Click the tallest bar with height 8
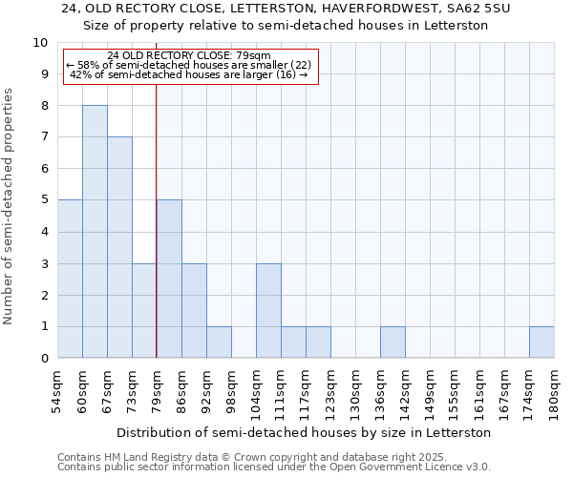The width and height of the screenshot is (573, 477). click(x=95, y=232)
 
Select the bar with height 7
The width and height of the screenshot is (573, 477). click(x=119, y=247)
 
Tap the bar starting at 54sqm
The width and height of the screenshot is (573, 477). click(x=70, y=279)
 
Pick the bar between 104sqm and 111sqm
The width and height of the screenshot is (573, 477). click(x=268, y=310)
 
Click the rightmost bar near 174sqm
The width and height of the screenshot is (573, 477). click(x=541, y=342)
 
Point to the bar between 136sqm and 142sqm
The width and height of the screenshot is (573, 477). click(x=393, y=342)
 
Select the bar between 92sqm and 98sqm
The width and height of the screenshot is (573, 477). click(x=219, y=342)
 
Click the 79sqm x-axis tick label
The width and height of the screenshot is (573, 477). click(x=157, y=391)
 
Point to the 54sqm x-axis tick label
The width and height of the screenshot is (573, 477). click(x=57, y=391)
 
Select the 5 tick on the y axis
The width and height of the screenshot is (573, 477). click(x=43, y=200)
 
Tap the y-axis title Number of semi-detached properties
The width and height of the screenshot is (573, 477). click(x=10, y=206)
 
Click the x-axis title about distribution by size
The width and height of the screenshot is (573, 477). click(x=306, y=432)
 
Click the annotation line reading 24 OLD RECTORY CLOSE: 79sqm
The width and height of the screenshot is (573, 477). click(x=189, y=55)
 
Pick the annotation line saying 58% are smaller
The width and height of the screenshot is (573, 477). click(x=189, y=65)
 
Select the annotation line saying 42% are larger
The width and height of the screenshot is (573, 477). click(x=189, y=74)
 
